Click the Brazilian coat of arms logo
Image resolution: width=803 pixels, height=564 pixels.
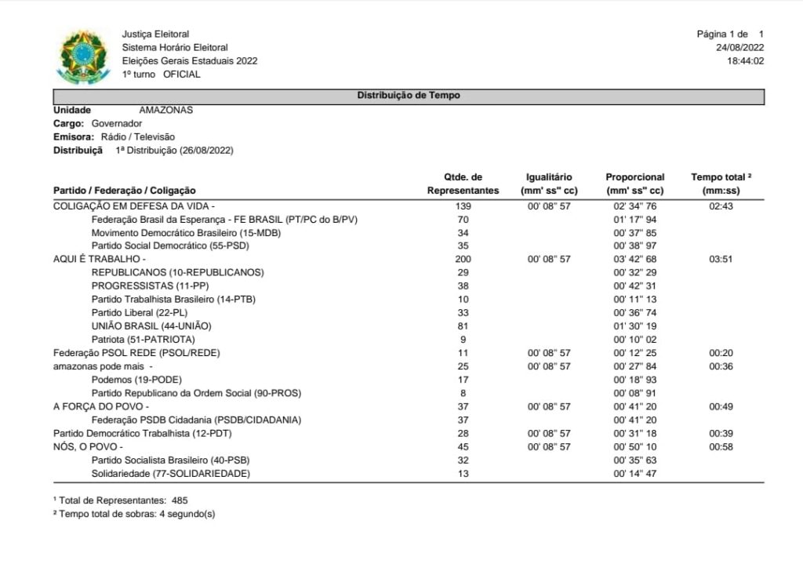(85, 56)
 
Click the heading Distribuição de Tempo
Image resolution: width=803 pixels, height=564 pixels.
(409, 96)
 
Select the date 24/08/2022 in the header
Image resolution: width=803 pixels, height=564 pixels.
(739, 48)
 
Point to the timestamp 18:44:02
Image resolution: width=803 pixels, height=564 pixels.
(745, 61)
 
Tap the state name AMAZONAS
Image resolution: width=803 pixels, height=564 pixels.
(165, 110)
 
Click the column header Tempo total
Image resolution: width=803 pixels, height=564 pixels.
(722, 177)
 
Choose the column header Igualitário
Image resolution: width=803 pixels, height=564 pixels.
(549, 177)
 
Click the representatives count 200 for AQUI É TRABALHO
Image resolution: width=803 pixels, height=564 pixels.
(463, 258)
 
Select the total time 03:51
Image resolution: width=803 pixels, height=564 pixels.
(720, 258)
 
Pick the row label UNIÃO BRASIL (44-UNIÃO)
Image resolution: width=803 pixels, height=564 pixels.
(151, 326)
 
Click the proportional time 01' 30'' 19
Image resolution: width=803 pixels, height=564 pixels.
(634, 326)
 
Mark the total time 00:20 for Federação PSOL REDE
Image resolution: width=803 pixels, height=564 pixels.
(720, 353)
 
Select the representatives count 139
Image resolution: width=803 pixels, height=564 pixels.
(463, 206)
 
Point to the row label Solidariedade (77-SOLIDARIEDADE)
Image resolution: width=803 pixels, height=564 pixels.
(170, 474)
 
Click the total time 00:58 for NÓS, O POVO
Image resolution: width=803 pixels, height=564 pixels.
(720, 446)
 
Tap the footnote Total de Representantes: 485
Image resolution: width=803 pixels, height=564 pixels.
(120, 500)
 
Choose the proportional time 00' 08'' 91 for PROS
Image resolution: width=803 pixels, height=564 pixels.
(634, 393)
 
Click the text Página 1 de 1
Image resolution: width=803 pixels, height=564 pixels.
(729, 35)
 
